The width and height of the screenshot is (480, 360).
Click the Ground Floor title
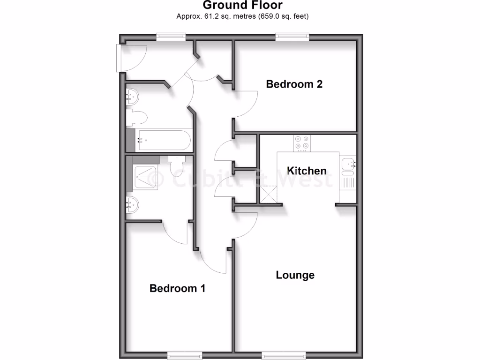[242, 6]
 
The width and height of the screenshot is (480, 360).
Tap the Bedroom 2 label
[294, 84]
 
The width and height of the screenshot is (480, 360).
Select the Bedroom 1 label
[177, 288]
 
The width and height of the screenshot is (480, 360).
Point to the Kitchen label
[307, 171]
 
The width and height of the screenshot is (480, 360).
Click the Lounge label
[295, 275]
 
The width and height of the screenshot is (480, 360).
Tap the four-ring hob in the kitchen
[302, 143]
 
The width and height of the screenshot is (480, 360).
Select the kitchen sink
[348, 165]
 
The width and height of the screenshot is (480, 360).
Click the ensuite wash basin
[133, 204]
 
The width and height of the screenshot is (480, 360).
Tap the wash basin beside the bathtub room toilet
[132, 97]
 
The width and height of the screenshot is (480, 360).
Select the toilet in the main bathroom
[137, 118]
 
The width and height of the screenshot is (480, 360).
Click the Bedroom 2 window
[292, 37]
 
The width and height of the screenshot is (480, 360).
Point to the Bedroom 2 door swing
[247, 103]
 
